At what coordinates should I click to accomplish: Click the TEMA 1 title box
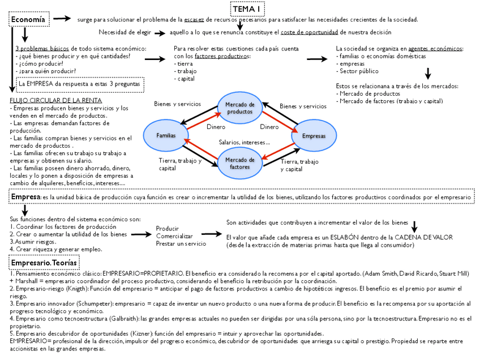247,9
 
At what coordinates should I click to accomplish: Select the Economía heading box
29,20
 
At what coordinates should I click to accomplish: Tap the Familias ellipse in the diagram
166,135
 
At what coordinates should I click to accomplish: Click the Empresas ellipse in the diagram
314,136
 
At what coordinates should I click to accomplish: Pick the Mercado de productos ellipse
240,108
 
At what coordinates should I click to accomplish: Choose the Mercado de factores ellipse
240,163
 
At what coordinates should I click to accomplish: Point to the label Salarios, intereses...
244,142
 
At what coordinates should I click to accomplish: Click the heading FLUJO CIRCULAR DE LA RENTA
48,100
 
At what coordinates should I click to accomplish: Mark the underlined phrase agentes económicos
435,49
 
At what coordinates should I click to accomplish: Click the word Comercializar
174,235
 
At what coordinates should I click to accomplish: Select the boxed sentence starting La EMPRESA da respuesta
79,84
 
